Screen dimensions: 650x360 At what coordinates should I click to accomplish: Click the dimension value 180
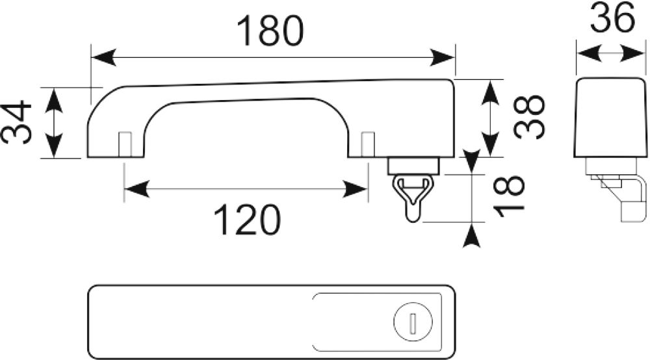tap(270, 31)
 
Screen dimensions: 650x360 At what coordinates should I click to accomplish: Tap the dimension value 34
tap(17, 122)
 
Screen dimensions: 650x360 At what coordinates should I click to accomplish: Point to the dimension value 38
tap(528, 116)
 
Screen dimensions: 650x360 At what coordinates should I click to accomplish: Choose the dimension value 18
tap(509, 197)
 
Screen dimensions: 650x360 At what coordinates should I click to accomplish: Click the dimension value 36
tap(612, 17)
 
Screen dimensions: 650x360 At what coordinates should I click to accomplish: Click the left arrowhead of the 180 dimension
tap(103, 57)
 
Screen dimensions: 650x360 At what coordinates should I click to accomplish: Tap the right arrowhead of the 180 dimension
tap(442, 57)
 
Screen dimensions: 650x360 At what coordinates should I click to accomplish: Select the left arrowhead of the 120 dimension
tap(136, 189)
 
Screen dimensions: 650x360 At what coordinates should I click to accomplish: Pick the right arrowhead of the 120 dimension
tap(355, 189)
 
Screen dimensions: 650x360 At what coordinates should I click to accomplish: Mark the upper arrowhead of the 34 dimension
tap(54, 100)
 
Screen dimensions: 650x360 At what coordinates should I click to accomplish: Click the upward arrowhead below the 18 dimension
tap(471, 235)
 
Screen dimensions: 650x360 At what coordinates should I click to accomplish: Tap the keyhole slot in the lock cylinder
tap(412, 322)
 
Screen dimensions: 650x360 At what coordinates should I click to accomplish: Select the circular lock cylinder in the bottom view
tap(413, 322)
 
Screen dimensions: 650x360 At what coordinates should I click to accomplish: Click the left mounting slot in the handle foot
tap(125, 144)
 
